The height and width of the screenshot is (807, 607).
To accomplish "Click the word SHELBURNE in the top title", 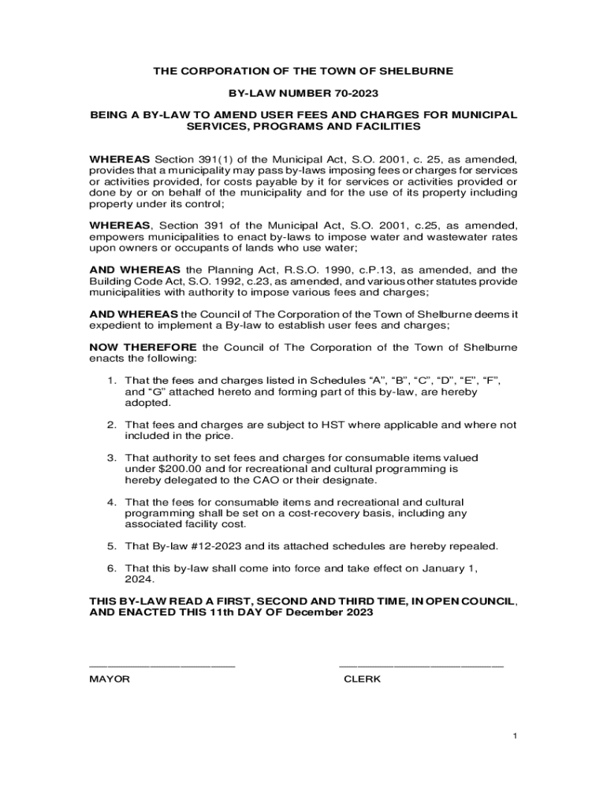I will click(417, 71).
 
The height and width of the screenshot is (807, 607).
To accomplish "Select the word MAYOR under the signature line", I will click(110, 679).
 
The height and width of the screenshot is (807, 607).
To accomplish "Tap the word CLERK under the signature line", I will click(363, 679).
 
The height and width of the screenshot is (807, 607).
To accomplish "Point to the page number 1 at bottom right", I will click(514, 736).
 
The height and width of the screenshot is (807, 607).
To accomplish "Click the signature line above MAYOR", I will click(162, 667).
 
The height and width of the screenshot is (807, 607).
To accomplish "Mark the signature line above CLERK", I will click(421, 667).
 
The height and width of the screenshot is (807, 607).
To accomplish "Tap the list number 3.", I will click(112, 458).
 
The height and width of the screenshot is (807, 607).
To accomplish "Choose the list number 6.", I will click(112, 568).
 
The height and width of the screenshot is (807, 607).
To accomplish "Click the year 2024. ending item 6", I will click(140, 579).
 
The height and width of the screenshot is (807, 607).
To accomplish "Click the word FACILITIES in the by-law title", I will click(383, 126).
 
